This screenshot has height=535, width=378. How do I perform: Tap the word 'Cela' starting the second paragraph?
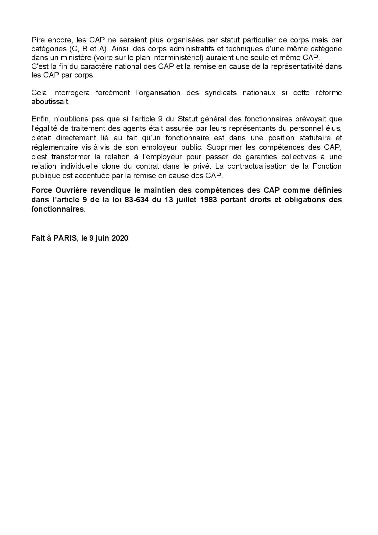[38, 92]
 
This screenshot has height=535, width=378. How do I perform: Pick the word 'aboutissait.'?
[50, 102]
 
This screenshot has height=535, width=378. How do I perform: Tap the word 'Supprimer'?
[222, 147]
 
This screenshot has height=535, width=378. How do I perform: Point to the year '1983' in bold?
[205, 200]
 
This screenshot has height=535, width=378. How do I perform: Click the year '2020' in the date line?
[120, 238]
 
